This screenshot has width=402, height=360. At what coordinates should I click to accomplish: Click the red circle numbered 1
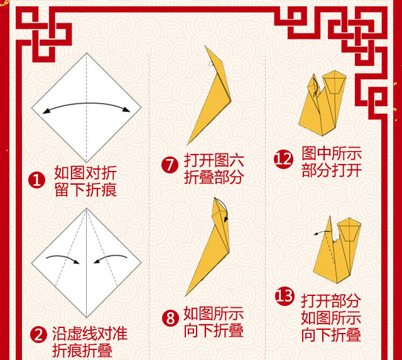(x=36, y=180)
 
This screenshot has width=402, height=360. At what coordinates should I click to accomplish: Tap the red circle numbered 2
(x=38, y=334)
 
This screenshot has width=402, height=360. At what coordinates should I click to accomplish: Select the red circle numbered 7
(x=170, y=165)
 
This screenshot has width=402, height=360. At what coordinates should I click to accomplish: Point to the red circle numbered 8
(x=170, y=318)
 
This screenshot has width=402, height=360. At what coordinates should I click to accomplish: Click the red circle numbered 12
(x=283, y=160)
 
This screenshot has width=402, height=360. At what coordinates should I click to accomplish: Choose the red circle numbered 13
(x=284, y=297)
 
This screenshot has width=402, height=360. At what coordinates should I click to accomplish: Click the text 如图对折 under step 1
(x=85, y=173)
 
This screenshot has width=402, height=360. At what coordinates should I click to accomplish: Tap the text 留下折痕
(x=85, y=190)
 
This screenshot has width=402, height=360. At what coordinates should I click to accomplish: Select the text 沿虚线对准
(x=90, y=334)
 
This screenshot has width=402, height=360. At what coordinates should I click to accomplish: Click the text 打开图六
(x=214, y=160)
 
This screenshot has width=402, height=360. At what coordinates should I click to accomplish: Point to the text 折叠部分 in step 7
(x=214, y=177)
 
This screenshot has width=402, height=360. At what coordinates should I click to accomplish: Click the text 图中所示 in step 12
(x=332, y=153)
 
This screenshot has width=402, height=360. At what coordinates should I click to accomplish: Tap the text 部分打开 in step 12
(x=332, y=170)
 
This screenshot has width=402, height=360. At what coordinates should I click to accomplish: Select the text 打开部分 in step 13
(x=331, y=300)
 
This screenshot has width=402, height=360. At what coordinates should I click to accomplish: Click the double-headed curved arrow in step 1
(x=87, y=103)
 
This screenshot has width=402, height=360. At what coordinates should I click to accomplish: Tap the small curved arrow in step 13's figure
(x=322, y=232)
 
